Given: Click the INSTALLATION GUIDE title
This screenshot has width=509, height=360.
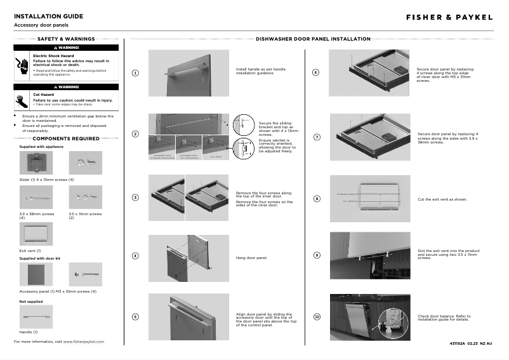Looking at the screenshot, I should (48, 16).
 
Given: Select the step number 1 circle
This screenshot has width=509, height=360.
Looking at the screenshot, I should (135, 72).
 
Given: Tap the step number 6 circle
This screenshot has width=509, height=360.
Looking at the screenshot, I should (317, 72).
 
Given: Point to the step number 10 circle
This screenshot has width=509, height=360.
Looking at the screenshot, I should (317, 317).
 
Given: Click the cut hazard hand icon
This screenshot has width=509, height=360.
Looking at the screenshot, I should (22, 100).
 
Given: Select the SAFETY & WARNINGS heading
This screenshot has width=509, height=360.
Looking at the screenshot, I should (66, 39).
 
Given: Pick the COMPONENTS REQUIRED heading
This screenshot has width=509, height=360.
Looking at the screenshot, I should (66, 138).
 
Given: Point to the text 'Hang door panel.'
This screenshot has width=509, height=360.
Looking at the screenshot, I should (251, 258).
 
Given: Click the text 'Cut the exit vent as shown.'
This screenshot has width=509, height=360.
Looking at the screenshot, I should (442, 199).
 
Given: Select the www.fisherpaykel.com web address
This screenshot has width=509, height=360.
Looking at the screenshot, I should (84, 342).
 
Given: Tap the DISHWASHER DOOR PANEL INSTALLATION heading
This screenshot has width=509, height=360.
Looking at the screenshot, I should (313, 39).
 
